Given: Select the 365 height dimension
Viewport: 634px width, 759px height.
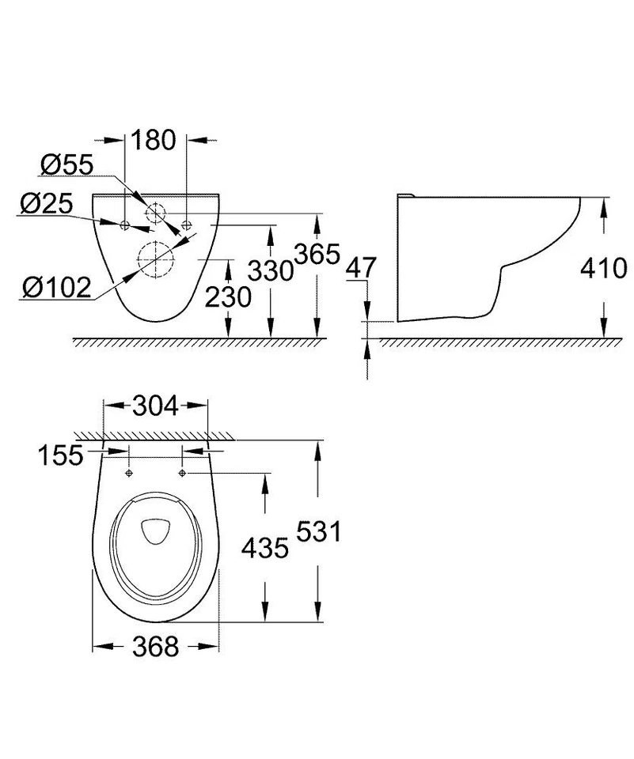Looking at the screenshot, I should [317, 255].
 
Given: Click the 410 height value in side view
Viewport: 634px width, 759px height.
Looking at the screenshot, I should [605, 269].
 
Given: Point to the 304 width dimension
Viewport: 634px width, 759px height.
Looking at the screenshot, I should [156, 406].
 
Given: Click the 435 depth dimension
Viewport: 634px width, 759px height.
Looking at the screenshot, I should [264, 547].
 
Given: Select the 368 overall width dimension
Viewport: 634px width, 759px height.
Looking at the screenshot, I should [155, 647].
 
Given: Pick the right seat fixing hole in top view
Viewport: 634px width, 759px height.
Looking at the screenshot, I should [183, 473].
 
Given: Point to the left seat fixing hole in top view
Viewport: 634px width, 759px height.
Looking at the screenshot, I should [128, 473].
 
